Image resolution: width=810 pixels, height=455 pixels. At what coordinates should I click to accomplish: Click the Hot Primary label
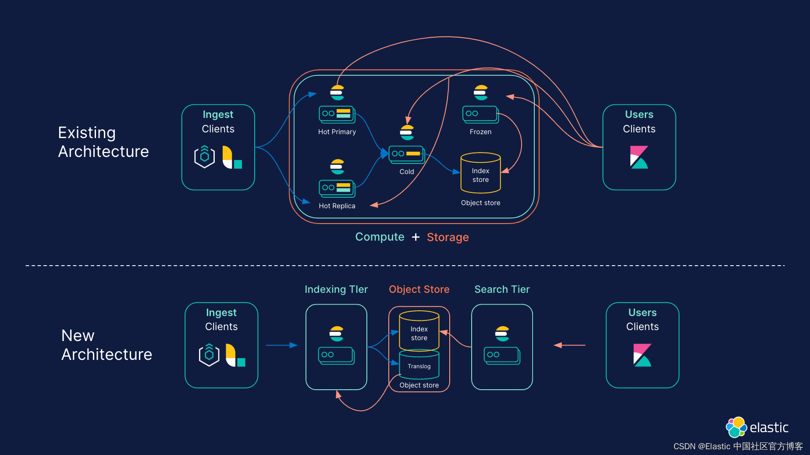click(x=337, y=132)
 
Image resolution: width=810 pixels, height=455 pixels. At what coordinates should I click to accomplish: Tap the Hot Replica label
click(x=337, y=206)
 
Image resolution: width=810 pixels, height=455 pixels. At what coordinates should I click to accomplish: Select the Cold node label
click(x=406, y=172)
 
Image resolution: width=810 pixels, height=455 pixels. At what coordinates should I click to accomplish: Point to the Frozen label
click(x=480, y=132)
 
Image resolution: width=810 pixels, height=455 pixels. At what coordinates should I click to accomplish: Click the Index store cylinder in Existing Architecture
click(x=480, y=174)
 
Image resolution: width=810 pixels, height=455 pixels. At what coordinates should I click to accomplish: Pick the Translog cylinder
click(x=419, y=365)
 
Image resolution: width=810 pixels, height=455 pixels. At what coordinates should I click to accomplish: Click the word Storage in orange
click(x=448, y=237)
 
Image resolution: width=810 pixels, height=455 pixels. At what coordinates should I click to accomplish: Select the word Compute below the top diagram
click(x=380, y=237)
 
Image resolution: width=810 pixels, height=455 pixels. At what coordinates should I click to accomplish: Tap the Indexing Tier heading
click(x=336, y=289)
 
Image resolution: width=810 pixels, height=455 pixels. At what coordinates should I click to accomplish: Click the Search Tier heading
click(x=502, y=289)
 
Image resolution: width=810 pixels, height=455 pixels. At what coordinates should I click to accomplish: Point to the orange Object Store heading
click(x=419, y=289)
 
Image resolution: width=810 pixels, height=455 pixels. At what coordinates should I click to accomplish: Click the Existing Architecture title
click(x=103, y=142)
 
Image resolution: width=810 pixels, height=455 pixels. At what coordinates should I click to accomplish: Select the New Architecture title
click(x=107, y=345)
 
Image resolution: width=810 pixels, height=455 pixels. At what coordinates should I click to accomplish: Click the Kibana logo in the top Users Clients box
click(x=639, y=157)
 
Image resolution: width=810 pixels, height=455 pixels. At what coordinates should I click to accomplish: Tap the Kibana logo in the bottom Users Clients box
click(x=642, y=355)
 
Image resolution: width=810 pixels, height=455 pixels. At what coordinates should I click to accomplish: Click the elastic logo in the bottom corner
click(x=757, y=427)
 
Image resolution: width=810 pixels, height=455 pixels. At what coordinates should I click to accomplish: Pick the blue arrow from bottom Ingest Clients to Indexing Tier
click(x=281, y=345)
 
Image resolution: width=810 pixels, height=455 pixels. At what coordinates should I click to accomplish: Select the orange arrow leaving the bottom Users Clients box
click(x=569, y=345)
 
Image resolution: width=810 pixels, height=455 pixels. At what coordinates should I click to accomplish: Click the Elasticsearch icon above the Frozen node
click(x=481, y=92)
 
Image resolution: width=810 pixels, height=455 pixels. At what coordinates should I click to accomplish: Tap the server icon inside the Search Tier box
click(x=502, y=355)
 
